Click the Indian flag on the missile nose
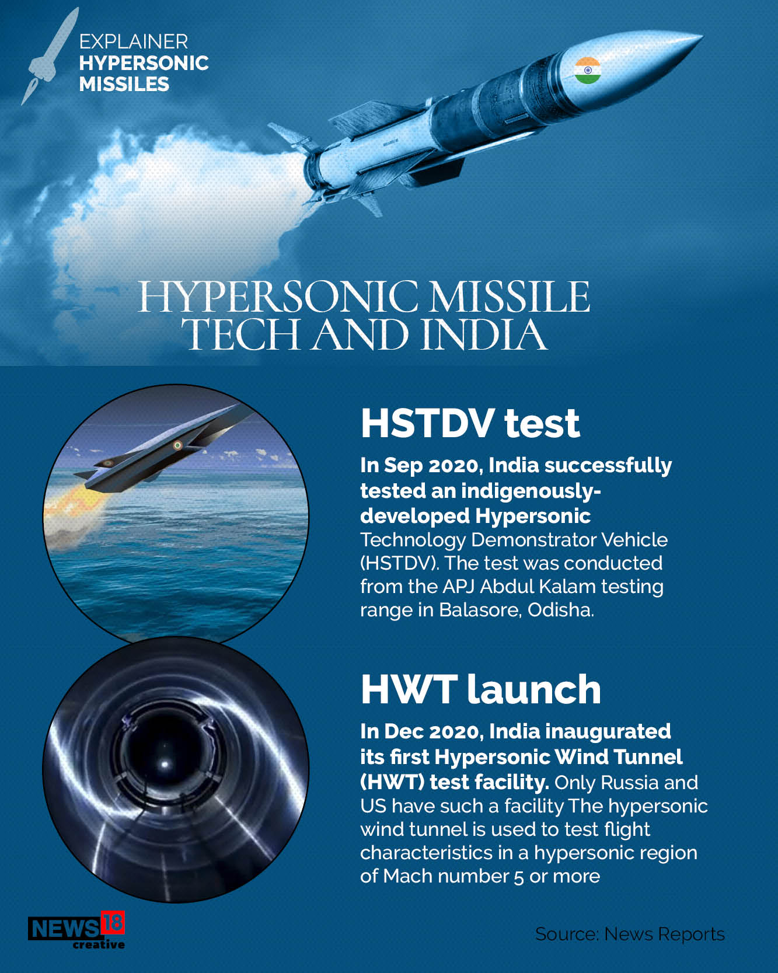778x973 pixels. (x=588, y=71)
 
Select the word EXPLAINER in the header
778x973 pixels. (x=134, y=41)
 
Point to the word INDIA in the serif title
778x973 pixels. (x=484, y=335)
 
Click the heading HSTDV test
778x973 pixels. (x=470, y=423)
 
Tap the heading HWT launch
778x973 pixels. (x=480, y=689)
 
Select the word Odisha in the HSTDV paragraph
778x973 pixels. (x=560, y=609)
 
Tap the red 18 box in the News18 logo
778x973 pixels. (x=113, y=923)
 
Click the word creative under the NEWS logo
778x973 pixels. (x=98, y=944)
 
